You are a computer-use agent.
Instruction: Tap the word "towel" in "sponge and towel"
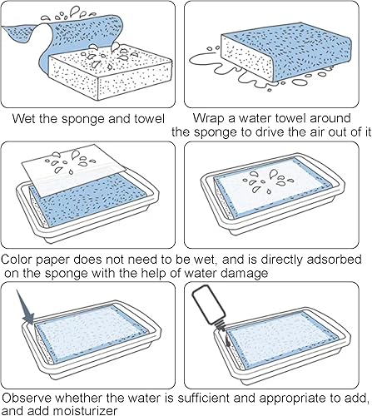click(x=150, y=119)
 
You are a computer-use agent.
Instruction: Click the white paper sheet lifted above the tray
click(x=73, y=171)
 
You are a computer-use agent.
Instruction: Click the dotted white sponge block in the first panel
click(x=110, y=72)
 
